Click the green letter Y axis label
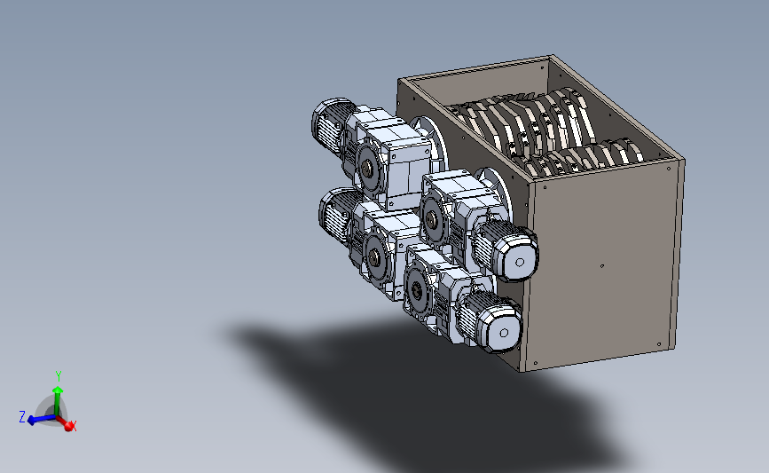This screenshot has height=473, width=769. pos(59,376)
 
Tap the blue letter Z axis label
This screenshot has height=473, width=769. pos(22,417)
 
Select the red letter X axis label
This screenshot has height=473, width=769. pos(74,426)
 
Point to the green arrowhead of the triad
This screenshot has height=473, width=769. pos(58,390)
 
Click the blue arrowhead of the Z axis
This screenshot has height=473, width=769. pos(31,421)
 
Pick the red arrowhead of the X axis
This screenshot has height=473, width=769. pos(69,426)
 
